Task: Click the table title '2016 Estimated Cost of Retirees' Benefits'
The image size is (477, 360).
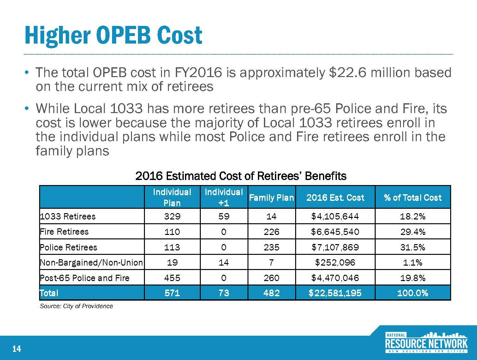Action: point(241,176)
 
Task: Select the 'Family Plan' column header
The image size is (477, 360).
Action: point(271,198)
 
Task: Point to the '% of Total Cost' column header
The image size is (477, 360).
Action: point(413,198)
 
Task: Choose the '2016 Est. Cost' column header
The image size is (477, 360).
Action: point(335,198)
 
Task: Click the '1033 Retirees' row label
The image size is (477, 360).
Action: point(68,216)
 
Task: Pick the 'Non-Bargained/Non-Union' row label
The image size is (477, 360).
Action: point(92,262)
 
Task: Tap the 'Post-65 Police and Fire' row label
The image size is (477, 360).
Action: point(85,278)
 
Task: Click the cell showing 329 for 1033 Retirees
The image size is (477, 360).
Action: point(172,216)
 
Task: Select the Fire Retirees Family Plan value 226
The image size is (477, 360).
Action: point(271,232)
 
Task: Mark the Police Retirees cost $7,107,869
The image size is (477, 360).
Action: point(335,247)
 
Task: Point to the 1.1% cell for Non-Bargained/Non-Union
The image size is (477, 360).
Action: point(413,262)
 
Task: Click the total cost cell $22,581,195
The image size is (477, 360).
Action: point(335,293)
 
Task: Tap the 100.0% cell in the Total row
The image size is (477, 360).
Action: point(413,293)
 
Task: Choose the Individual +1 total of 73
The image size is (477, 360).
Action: point(224,293)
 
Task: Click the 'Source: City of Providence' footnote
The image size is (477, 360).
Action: point(76,306)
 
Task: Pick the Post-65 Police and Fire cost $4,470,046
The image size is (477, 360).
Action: point(335,278)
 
